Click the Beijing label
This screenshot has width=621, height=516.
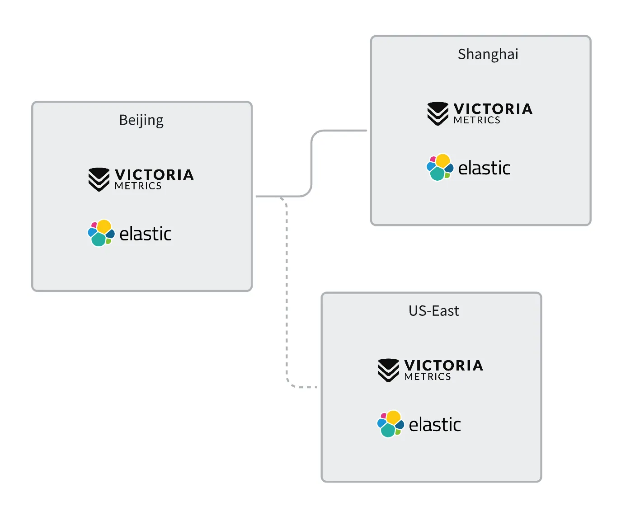pyautogui.click(x=141, y=121)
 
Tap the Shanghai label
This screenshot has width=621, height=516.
pyautogui.click(x=488, y=54)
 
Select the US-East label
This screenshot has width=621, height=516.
pyautogui.click(x=434, y=311)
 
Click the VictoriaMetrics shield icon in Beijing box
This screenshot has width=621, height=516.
pyautogui.click(x=99, y=179)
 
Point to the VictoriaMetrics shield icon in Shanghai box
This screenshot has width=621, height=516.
pyautogui.click(x=438, y=113)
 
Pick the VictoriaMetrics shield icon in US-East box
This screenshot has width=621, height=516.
pyautogui.click(x=389, y=370)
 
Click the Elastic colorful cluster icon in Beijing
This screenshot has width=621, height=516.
pyautogui.click(x=101, y=233)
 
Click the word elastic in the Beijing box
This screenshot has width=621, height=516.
pyautogui.click(x=146, y=234)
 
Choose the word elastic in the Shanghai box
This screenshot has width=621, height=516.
pyautogui.click(x=484, y=168)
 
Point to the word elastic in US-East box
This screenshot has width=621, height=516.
pyautogui.click(x=435, y=425)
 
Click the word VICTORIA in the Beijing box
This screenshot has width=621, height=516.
pyautogui.click(x=154, y=174)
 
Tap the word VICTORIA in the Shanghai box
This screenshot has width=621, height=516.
pyautogui.click(x=493, y=108)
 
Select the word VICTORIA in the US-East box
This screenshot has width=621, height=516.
pyautogui.click(x=444, y=365)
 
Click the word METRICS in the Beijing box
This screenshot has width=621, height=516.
pyautogui.click(x=138, y=186)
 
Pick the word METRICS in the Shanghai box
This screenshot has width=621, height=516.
pyautogui.click(x=477, y=120)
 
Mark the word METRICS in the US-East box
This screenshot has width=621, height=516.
pyautogui.click(x=428, y=377)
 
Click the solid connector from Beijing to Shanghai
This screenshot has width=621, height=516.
pyautogui.click(x=312, y=163)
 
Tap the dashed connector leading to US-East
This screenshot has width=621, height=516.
pyautogui.click(x=287, y=294)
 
